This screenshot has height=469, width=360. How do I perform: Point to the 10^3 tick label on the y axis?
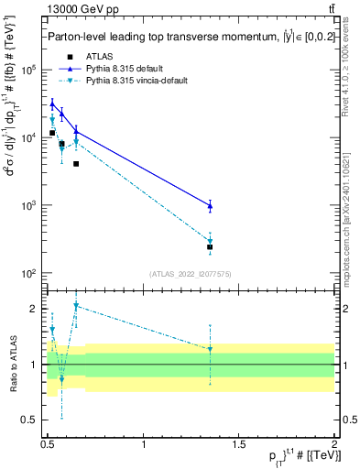(x=29, y=205)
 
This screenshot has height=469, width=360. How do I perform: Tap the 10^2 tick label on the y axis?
(x=29, y=273)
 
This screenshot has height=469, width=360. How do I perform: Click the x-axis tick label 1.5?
(x=239, y=444)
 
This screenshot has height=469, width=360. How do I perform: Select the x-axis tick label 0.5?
(x=48, y=444)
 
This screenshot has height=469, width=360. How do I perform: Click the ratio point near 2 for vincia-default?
(x=76, y=306)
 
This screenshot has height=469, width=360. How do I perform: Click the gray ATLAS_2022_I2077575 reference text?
(x=191, y=274)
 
